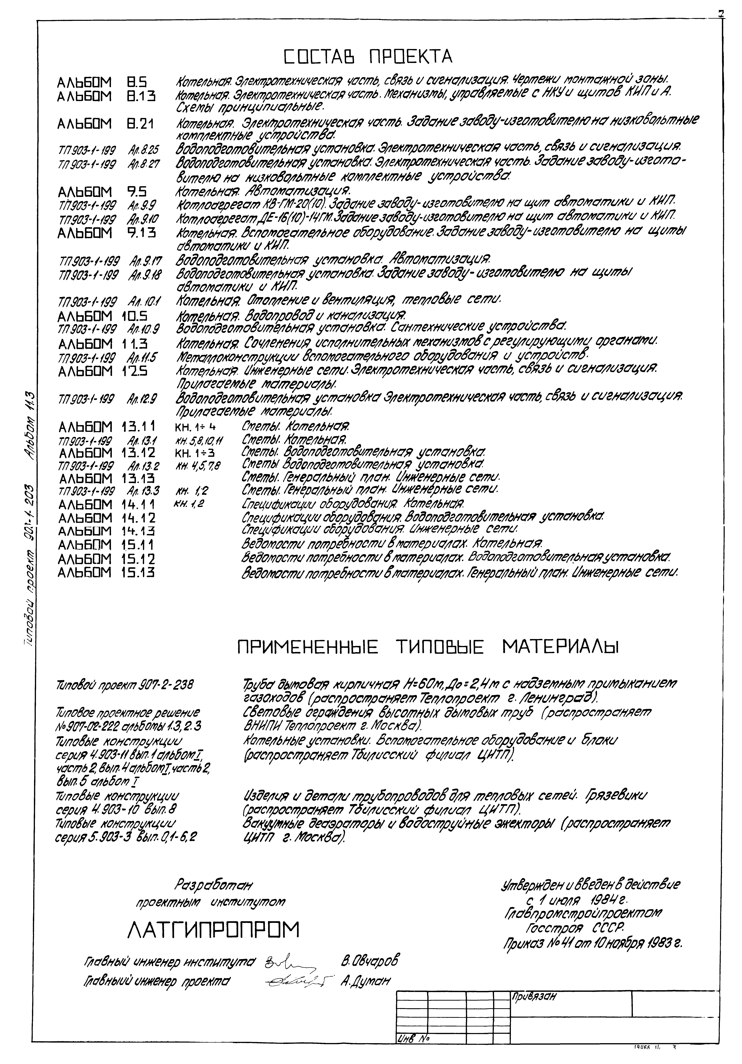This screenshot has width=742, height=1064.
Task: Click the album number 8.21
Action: (x=141, y=125)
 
